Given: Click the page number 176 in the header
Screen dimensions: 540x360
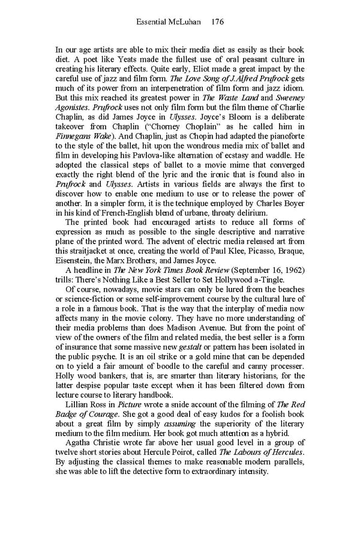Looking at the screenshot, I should click(218, 22).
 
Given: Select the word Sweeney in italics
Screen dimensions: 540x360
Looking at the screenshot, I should click(290, 98).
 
